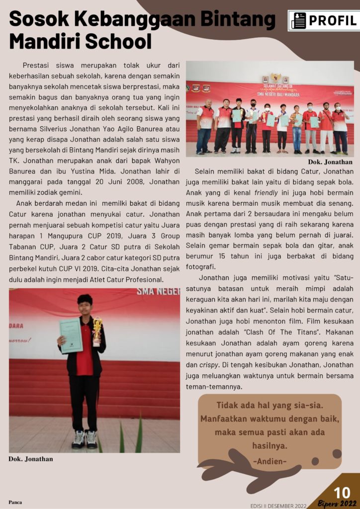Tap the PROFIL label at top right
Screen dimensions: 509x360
pos(332,21)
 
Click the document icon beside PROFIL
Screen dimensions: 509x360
pos(298,21)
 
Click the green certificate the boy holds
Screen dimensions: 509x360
pos(70,336)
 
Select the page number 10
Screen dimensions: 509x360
pos(342,493)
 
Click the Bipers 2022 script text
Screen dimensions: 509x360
pos(338,503)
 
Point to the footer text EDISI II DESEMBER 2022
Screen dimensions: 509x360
pos(278,505)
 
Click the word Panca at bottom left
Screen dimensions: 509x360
pos(15,502)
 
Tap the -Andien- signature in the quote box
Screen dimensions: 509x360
pos(270,462)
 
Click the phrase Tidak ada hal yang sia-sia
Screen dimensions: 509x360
pos(270,405)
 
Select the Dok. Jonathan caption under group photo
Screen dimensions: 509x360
pos(330,162)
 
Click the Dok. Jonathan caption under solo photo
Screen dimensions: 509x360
pos(31,459)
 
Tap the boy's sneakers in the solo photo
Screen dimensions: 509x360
pos(85,439)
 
